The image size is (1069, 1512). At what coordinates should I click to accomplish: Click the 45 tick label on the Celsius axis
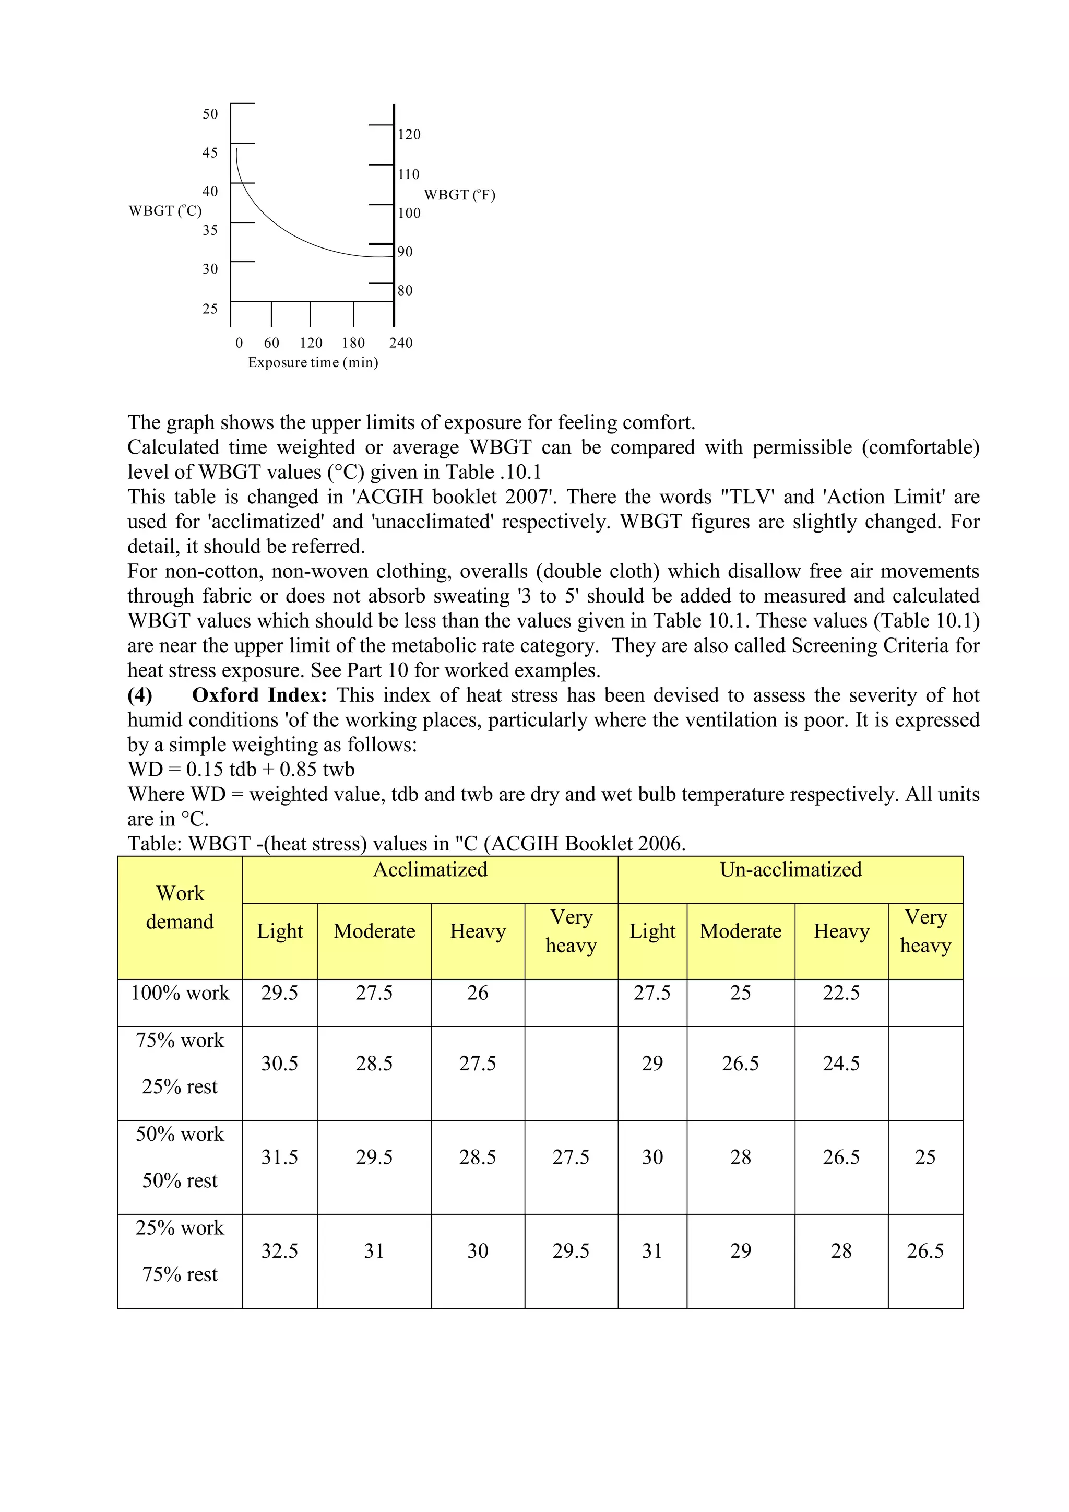tap(210, 153)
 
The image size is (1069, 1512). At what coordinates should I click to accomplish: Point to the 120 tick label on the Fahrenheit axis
tap(409, 134)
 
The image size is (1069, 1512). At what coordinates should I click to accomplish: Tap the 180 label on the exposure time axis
tap(353, 343)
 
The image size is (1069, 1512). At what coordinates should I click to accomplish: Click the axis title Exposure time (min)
tap(313, 362)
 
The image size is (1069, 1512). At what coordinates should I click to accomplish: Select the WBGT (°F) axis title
tap(459, 195)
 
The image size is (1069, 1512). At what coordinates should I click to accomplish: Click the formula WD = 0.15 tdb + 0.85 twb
tap(241, 769)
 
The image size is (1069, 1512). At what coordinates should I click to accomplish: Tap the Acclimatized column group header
tap(430, 870)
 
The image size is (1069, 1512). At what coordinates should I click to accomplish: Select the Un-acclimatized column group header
tap(791, 870)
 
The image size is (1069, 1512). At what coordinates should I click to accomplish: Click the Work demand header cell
tap(180, 907)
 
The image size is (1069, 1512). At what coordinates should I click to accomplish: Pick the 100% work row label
tap(180, 993)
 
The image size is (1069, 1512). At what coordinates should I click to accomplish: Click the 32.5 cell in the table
tap(280, 1251)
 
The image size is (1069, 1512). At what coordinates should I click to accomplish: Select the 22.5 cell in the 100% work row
tap(841, 993)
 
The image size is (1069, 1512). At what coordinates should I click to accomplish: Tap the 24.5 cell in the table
tap(841, 1064)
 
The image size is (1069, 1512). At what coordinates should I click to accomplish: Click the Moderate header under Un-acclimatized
tap(741, 931)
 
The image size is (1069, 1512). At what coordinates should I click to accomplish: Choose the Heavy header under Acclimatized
tap(478, 931)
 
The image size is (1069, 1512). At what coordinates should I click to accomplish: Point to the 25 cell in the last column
tap(925, 1157)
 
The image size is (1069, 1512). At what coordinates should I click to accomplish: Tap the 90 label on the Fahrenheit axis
tap(405, 252)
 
